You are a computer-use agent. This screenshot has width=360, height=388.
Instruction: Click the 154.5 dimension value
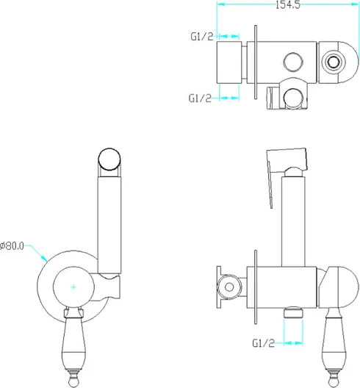coord(288,4)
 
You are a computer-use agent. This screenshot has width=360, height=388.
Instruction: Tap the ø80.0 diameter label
coord(12,245)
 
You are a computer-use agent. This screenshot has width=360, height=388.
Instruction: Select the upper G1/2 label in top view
coord(201,37)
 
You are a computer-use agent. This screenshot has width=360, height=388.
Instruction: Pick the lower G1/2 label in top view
coord(200,98)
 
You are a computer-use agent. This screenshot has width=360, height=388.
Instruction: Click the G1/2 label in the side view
coord(263,343)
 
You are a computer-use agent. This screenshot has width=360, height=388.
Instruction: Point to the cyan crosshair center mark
coord(73,287)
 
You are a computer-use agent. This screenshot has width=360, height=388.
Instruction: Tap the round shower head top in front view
coord(109,159)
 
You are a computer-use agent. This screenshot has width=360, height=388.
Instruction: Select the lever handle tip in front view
coord(73,383)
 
